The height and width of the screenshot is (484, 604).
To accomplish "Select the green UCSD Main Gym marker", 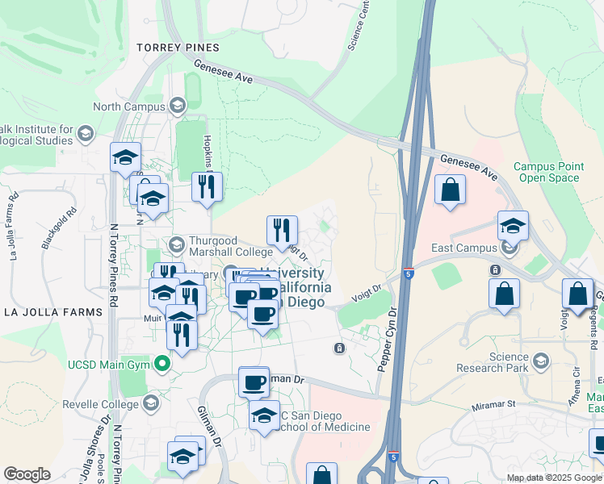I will pos(162,365).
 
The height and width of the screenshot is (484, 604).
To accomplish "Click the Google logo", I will pos(27,474).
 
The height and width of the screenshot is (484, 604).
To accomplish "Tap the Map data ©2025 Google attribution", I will pos(554,478).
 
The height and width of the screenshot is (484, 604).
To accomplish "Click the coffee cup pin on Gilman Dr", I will pos(254,382).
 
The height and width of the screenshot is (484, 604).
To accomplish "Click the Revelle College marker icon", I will pos(151,403).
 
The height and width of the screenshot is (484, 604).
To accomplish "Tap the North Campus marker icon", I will pos(177,106).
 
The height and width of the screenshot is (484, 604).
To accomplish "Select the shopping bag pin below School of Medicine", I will pos(322,476).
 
